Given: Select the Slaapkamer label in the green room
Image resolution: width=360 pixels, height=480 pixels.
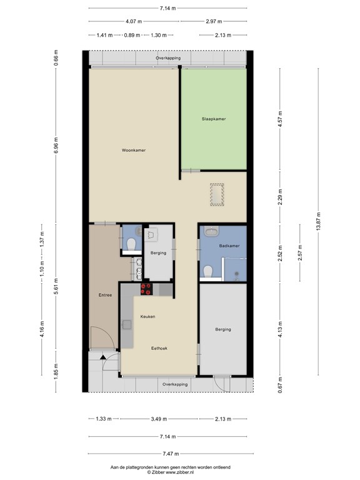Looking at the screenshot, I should click(213, 119).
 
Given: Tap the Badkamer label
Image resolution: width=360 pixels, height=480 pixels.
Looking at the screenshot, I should click(229, 246).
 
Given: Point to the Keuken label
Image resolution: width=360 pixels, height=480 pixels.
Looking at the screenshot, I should click(147, 317).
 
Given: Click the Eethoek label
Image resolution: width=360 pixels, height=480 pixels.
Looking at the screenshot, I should click(158, 348).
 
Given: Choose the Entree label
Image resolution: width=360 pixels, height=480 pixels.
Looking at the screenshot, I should click(104, 295).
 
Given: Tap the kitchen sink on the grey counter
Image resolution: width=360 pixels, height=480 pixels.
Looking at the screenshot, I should click(126, 324).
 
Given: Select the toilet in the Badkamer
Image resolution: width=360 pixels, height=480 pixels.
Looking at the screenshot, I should click(208, 272).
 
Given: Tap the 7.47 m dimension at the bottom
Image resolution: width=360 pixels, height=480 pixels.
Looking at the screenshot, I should click(167, 454).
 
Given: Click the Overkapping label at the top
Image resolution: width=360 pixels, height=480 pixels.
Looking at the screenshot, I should click(168, 58).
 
